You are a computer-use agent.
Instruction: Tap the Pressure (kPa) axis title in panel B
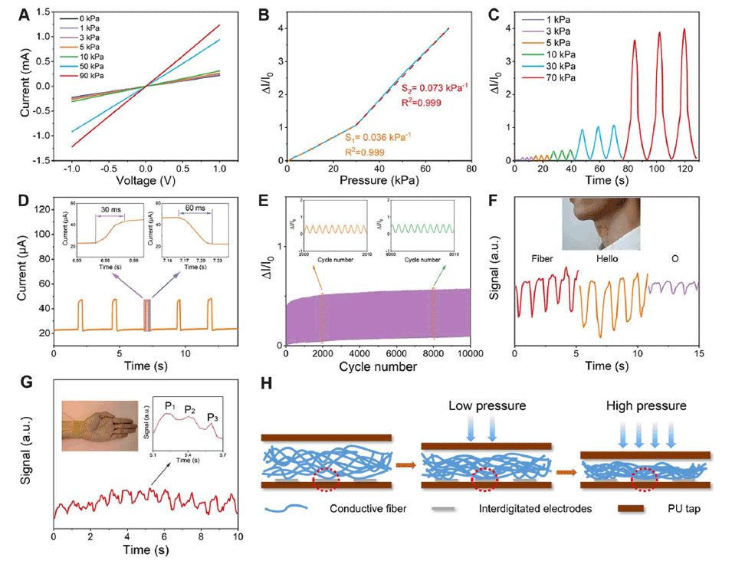380,182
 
